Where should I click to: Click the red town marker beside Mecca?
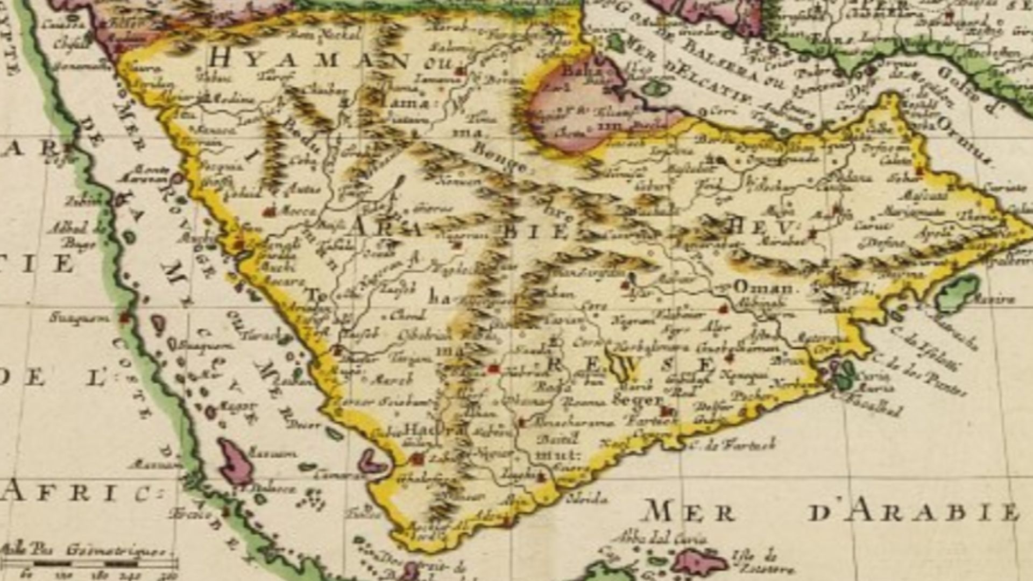[270, 212]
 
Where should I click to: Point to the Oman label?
[763, 287]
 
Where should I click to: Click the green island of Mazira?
[958, 293]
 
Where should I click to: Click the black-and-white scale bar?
[89, 564]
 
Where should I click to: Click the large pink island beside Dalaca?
[236, 460]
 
